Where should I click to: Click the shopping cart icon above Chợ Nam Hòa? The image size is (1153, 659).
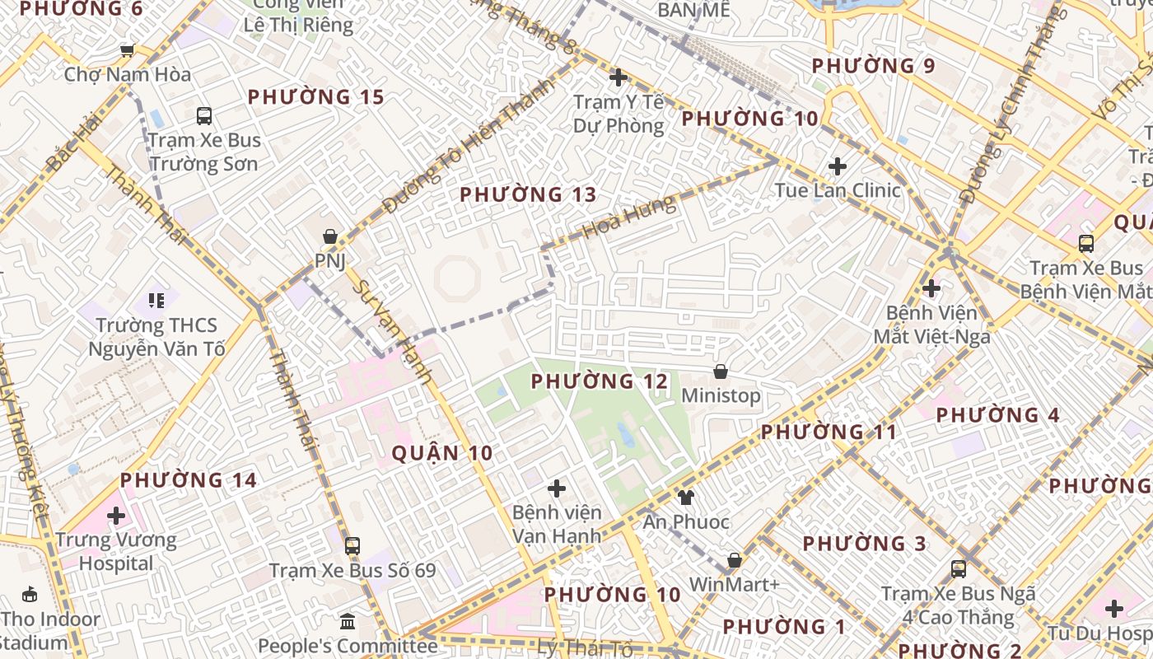pos(127,51)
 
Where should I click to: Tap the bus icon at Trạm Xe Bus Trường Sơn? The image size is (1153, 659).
pos(203,116)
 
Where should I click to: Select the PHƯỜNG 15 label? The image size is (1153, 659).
pos(316,97)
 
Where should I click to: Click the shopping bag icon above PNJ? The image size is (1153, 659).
pos(330,237)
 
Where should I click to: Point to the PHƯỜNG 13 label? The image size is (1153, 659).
pos(528,195)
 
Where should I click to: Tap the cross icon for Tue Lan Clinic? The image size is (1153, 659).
pos(838,166)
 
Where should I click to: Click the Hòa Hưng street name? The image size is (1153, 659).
pos(629,219)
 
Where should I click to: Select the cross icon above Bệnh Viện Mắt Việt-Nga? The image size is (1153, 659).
pos(931,288)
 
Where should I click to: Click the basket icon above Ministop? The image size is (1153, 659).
pos(721,372)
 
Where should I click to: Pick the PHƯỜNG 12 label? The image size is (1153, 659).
pos(600,382)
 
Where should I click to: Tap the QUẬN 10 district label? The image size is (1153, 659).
pos(442,453)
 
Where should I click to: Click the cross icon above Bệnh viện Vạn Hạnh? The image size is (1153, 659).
pos(557,488)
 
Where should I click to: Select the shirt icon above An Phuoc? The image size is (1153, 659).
pos(685,497)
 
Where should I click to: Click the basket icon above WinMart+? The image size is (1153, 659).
pos(735,561)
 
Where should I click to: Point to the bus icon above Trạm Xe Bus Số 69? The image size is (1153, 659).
pos(352,545)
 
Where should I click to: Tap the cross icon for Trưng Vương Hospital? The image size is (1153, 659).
pos(116,516)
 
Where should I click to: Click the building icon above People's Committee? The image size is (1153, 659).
pos(347,621)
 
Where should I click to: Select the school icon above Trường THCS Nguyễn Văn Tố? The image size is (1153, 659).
pos(156,301)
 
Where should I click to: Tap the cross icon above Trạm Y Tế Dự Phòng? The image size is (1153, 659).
pos(619,77)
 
